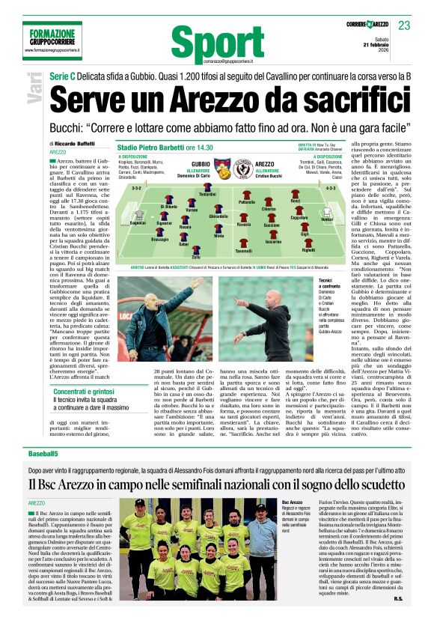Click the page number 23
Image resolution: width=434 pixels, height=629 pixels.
point(403,25)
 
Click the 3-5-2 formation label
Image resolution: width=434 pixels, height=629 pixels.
point(137,188)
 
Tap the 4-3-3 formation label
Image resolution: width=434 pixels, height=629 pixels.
point(330,188)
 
